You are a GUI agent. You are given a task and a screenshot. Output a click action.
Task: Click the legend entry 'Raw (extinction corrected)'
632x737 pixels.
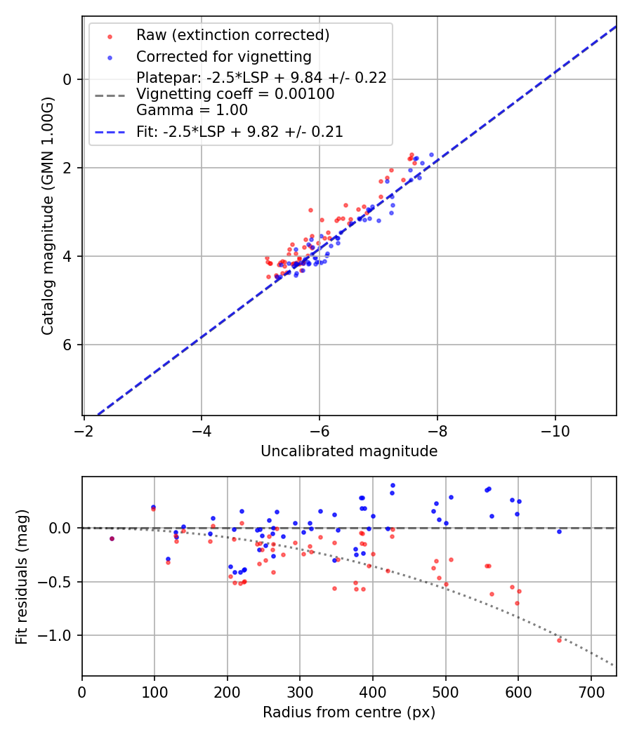pyautogui.click(x=232, y=35)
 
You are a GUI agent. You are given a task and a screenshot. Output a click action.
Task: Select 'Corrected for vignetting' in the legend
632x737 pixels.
pyautogui.click(x=223, y=57)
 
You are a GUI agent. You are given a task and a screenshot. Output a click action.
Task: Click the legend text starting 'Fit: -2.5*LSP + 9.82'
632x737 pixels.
pyautogui.click(x=239, y=132)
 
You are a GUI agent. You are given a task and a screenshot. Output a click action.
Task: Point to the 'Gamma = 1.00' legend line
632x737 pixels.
pyautogui.click(x=192, y=110)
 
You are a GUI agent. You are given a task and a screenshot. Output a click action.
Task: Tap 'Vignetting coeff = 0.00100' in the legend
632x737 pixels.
pyautogui.click(x=235, y=94)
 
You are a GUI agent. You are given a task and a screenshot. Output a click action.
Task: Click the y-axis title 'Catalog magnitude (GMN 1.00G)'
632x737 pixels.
pyautogui.click(x=47, y=215)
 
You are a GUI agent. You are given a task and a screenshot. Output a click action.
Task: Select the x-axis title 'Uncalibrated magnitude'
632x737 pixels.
pyautogui.click(x=349, y=451)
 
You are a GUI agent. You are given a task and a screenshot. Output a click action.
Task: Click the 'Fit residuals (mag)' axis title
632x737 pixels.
pyautogui.click(x=22, y=576)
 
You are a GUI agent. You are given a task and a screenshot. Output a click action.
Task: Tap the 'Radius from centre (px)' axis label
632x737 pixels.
pyautogui.click(x=349, y=712)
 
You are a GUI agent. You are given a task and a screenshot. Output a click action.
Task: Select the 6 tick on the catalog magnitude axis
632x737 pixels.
pyautogui.click(x=68, y=345)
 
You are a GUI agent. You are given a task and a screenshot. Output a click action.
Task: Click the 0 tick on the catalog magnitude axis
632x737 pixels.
pyautogui.click(x=68, y=79)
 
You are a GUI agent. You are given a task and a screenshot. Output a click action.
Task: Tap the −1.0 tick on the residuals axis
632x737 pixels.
pyautogui.click(x=59, y=635)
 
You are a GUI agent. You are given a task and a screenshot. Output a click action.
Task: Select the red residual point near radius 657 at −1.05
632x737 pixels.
pyautogui.click(x=560, y=640)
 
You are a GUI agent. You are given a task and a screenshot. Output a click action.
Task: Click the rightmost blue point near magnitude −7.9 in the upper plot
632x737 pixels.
pyautogui.click(x=431, y=154)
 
